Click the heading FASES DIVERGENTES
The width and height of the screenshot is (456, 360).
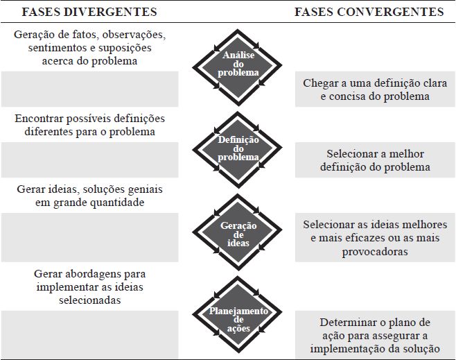coord(89,12)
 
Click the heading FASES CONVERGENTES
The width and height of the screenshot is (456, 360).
coord(369,12)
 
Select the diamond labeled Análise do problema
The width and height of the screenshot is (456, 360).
coord(238,64)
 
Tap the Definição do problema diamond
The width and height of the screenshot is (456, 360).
coord(238,148)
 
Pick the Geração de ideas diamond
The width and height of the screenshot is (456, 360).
coord(238,234)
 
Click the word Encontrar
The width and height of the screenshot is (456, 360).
coord(38,119)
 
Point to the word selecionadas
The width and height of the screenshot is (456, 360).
coord(89,300)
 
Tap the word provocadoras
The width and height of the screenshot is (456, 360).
coord(375,252)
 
